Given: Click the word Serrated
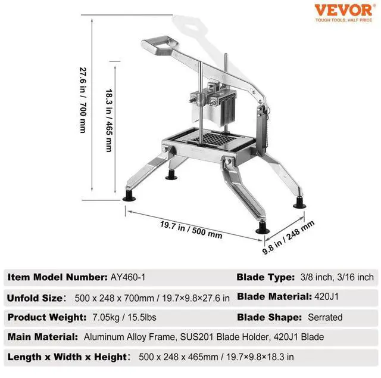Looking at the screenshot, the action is point(325,317).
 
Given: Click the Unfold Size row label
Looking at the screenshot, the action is point(35,297).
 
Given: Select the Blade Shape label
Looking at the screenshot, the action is point(267,317).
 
